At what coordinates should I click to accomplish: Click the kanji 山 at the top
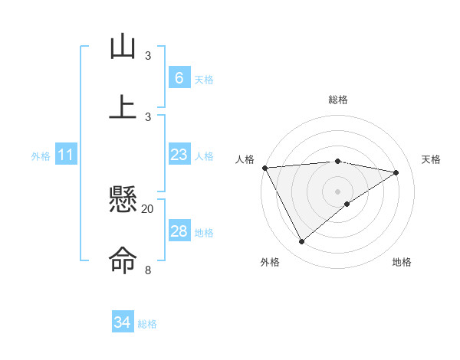122,47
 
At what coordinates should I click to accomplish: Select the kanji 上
122,106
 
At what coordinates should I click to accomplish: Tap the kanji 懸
122,201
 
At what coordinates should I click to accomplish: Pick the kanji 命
122,260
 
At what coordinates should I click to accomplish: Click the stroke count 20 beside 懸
148,208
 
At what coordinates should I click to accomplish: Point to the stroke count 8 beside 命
148,270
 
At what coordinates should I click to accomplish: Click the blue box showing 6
179,77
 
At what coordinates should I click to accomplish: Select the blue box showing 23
179,155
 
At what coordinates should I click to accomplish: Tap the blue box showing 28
179,231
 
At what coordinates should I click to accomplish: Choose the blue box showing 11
65,155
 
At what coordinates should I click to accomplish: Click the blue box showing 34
122,322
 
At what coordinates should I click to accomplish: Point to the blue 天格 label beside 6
204,79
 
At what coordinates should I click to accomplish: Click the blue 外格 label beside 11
41,156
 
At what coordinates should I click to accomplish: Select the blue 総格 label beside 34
147,324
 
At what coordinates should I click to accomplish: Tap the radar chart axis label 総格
338,100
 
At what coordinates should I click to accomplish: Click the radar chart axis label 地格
402,262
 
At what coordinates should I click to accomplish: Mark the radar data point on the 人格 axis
265,168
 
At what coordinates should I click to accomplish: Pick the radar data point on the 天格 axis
396,172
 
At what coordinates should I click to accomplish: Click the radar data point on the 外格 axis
301,242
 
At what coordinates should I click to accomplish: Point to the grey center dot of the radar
338,191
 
